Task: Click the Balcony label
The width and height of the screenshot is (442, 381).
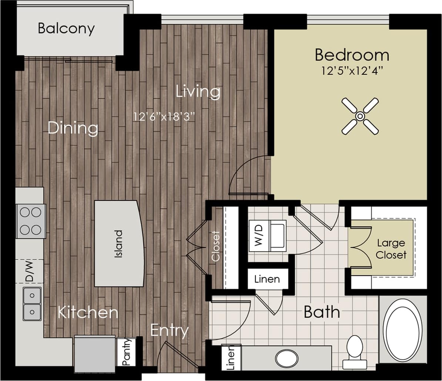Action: [x=66, y=28]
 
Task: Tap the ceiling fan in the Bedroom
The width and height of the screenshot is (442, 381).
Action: [x=360, y=116]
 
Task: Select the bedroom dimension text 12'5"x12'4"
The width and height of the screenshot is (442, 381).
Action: [x=352, y=71]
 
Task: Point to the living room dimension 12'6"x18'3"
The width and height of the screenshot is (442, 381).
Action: [x=164, y=117]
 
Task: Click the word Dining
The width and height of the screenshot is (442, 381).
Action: [x=73, y=128]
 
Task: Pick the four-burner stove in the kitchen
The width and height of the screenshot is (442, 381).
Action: [x=31, y=221]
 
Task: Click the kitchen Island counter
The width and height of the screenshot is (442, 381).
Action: [x=119, y=243]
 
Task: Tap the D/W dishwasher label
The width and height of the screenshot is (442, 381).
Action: [x=29, y=271]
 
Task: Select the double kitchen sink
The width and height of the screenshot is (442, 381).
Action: [x=32, y=304]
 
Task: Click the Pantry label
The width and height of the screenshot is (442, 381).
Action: [x=126, y=352]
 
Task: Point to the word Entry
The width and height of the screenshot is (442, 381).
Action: [x=169, y=330]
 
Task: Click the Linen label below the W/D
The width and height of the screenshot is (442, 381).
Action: [x=267, y=279]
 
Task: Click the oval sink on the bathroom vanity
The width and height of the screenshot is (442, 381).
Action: [x=287, y=358]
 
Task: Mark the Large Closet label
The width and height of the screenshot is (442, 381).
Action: [x=391, y=249]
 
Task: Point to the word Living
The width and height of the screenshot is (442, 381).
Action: [x=198, y=91]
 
